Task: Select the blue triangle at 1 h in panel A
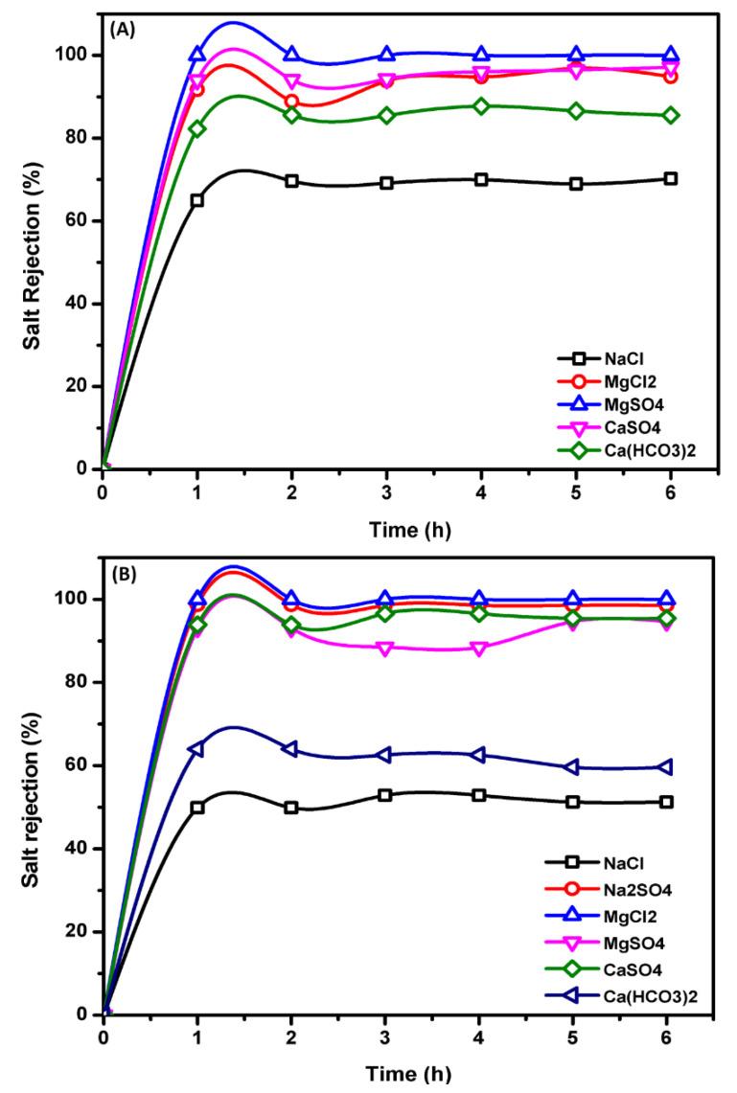(197, 55)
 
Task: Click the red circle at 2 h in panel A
(291, 102)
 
